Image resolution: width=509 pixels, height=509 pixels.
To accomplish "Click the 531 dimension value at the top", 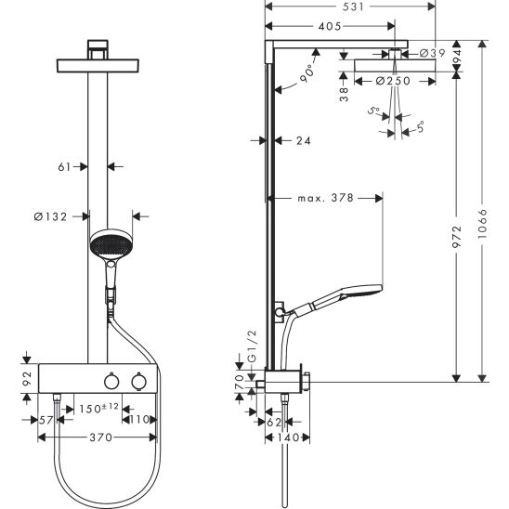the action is [x=353, y=7].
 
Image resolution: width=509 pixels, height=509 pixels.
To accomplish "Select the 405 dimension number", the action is [x=330, y=26].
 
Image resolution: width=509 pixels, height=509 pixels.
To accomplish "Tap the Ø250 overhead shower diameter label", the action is [x=393, y=81].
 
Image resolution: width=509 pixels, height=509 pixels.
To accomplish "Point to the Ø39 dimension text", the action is [x=433, y=53].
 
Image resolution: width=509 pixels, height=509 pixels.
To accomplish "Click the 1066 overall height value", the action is [x=483, y=224].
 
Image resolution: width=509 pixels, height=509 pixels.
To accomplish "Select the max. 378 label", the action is [x=326, y=198].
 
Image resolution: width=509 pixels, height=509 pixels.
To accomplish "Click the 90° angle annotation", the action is [x=307, y=73].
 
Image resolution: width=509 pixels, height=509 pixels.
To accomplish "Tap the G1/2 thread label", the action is [x=252, y=346].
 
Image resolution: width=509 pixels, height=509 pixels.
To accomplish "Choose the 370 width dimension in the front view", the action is [x=101, y=437].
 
